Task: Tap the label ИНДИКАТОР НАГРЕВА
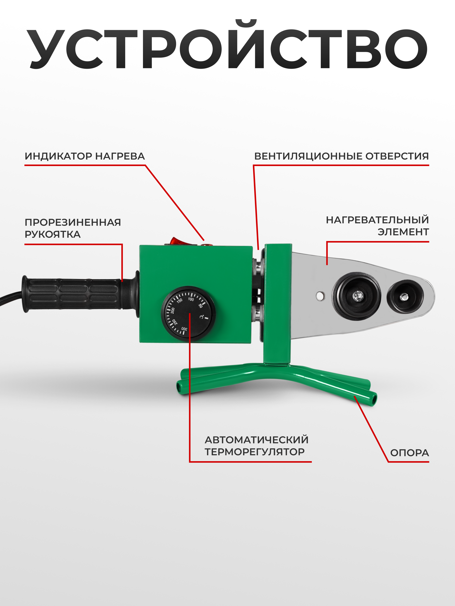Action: [x=85, y=156]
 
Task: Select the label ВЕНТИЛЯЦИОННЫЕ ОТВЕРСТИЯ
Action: [x=342, y=156]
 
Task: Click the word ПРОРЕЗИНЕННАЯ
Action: [x=73, y=222]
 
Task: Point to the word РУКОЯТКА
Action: [x=53, y=234]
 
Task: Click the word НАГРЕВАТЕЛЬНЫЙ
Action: [x=377, y=220]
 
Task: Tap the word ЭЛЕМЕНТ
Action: [x=403, y=232]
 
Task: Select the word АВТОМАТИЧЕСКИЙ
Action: [x=256, y=440]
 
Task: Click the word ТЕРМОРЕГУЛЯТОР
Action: [x=255, y=452]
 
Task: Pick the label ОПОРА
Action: [x=409, y=453]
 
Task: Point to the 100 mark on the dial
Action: [x=191, y=299]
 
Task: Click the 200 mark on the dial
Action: [x=173, y=310]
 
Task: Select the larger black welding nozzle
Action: [x=356, y=296]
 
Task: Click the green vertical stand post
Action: [x=277, y=304]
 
